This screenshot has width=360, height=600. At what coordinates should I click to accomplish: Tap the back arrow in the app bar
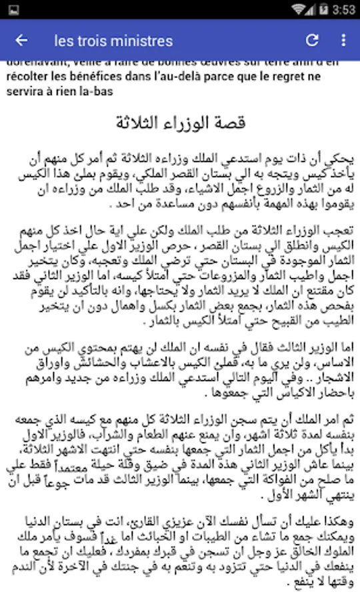click(21, 41)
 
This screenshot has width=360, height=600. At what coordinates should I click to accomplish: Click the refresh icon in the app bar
click(312, 41)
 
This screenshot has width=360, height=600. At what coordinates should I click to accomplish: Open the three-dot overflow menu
click(343, 41)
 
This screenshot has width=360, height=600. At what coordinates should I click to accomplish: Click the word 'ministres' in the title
click(143, 41)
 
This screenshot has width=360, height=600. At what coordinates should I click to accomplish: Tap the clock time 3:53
click(344, 9)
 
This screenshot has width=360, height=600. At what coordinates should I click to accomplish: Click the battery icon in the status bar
click(324, 9)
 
